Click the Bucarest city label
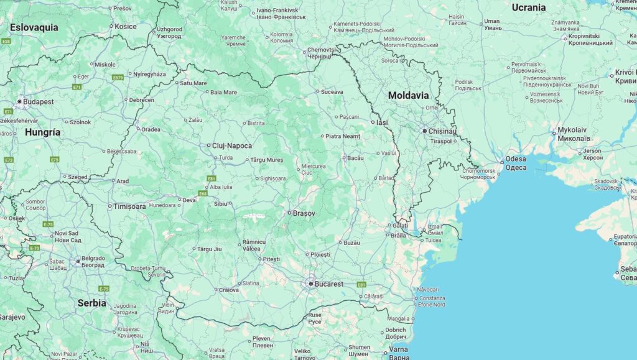[329, 284]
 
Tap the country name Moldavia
[408, 96]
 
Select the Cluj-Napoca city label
[232, 146]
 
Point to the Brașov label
[304, 213]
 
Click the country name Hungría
[43, 132]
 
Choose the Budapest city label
[39, 101]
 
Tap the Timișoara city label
[129, 206]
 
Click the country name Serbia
[91, 303]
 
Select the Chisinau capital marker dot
[424, 131]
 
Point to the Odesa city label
[516, 159]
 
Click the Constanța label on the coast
[432, 298]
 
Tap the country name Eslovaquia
[34, 27]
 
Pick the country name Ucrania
[528, 7]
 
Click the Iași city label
[381, 122]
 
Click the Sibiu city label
[221, 203]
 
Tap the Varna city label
[399, 349]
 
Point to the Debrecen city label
[142, 99]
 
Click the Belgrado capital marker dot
[78, 261]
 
